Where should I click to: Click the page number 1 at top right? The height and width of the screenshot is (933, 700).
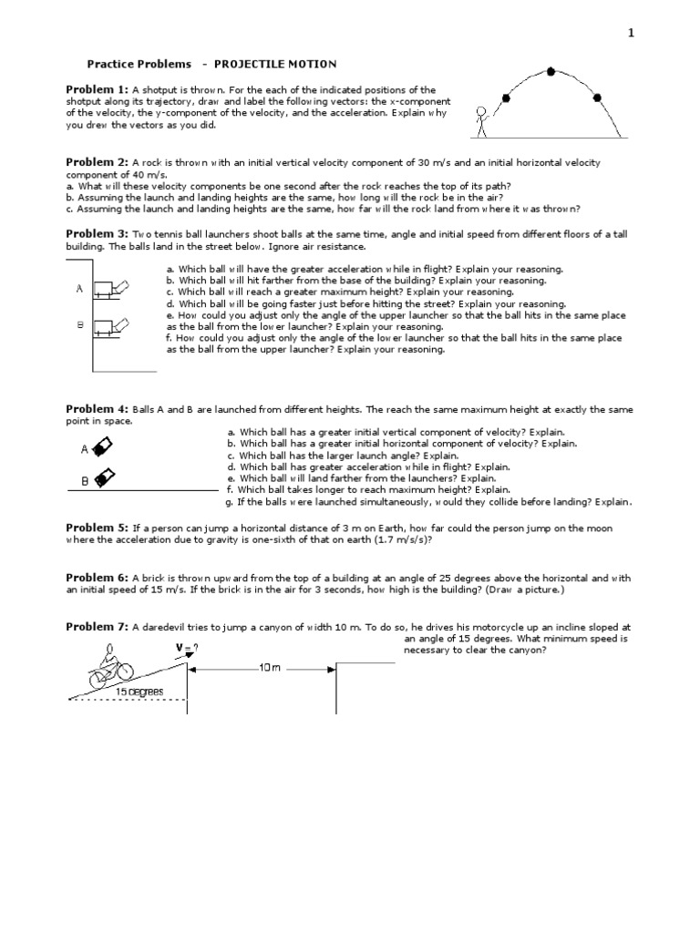629,34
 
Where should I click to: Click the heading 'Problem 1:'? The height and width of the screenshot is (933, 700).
98,88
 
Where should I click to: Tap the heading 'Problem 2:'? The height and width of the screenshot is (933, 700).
98,161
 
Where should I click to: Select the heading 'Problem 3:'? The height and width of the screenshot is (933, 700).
98,234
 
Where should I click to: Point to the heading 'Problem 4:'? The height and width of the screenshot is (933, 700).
98,409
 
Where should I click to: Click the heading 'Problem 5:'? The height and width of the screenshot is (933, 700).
98,528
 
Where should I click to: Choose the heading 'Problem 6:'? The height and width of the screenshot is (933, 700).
98,578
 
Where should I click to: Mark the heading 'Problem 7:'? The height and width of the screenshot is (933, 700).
98,627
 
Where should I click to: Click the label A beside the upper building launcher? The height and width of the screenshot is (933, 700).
80,288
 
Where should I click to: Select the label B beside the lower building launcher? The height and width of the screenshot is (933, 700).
80,323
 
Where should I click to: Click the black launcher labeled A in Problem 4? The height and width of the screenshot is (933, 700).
104,446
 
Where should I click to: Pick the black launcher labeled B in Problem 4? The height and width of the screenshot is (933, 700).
104,477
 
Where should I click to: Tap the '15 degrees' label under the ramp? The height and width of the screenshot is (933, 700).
139,692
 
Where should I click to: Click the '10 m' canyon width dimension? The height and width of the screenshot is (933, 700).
270,668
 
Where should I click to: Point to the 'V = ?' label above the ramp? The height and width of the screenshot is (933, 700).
187,648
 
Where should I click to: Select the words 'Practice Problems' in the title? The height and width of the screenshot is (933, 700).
139,64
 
